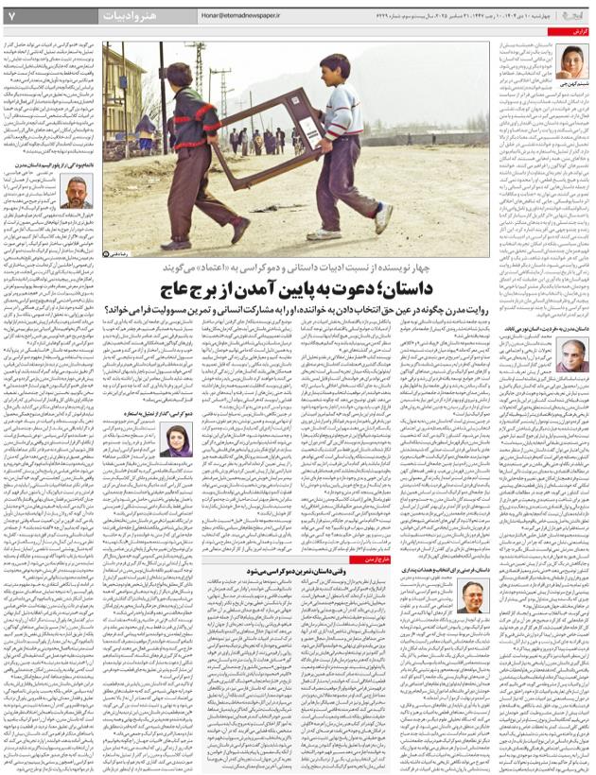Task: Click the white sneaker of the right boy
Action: [x=382, y=224]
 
